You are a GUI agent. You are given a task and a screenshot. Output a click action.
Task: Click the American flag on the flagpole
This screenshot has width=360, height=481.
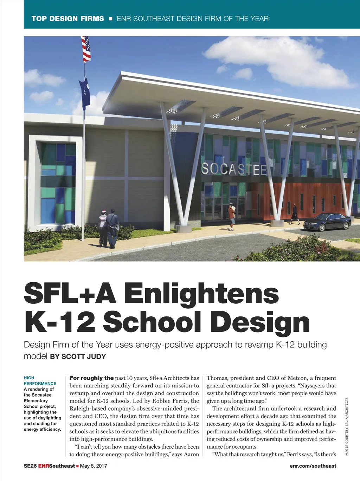[86, 49]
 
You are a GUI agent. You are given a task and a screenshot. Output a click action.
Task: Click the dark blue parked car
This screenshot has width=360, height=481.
[327, 222]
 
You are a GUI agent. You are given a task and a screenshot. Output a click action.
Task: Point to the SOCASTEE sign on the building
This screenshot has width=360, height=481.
[234, 169]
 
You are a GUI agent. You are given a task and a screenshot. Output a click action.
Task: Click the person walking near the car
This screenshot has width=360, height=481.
[294, 214]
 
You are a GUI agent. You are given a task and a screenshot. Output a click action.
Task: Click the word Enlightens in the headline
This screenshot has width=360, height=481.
[201, 293]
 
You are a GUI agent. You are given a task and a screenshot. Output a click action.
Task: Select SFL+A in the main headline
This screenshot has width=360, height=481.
[70, 293]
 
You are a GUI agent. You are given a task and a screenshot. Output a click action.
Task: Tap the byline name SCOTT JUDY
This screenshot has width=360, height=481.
[84, 356]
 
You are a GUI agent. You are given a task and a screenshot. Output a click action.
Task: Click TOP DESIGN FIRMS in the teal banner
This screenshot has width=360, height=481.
[68, 19]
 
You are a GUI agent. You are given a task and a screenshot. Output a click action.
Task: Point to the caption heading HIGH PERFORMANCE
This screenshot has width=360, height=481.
[40, 380]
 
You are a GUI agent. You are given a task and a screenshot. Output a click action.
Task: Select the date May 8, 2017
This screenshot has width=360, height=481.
[94, 466]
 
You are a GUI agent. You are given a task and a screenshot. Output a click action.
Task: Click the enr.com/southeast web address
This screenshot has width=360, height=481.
[313, 466]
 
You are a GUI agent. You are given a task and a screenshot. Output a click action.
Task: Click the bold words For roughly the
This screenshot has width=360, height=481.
[91, 378]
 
